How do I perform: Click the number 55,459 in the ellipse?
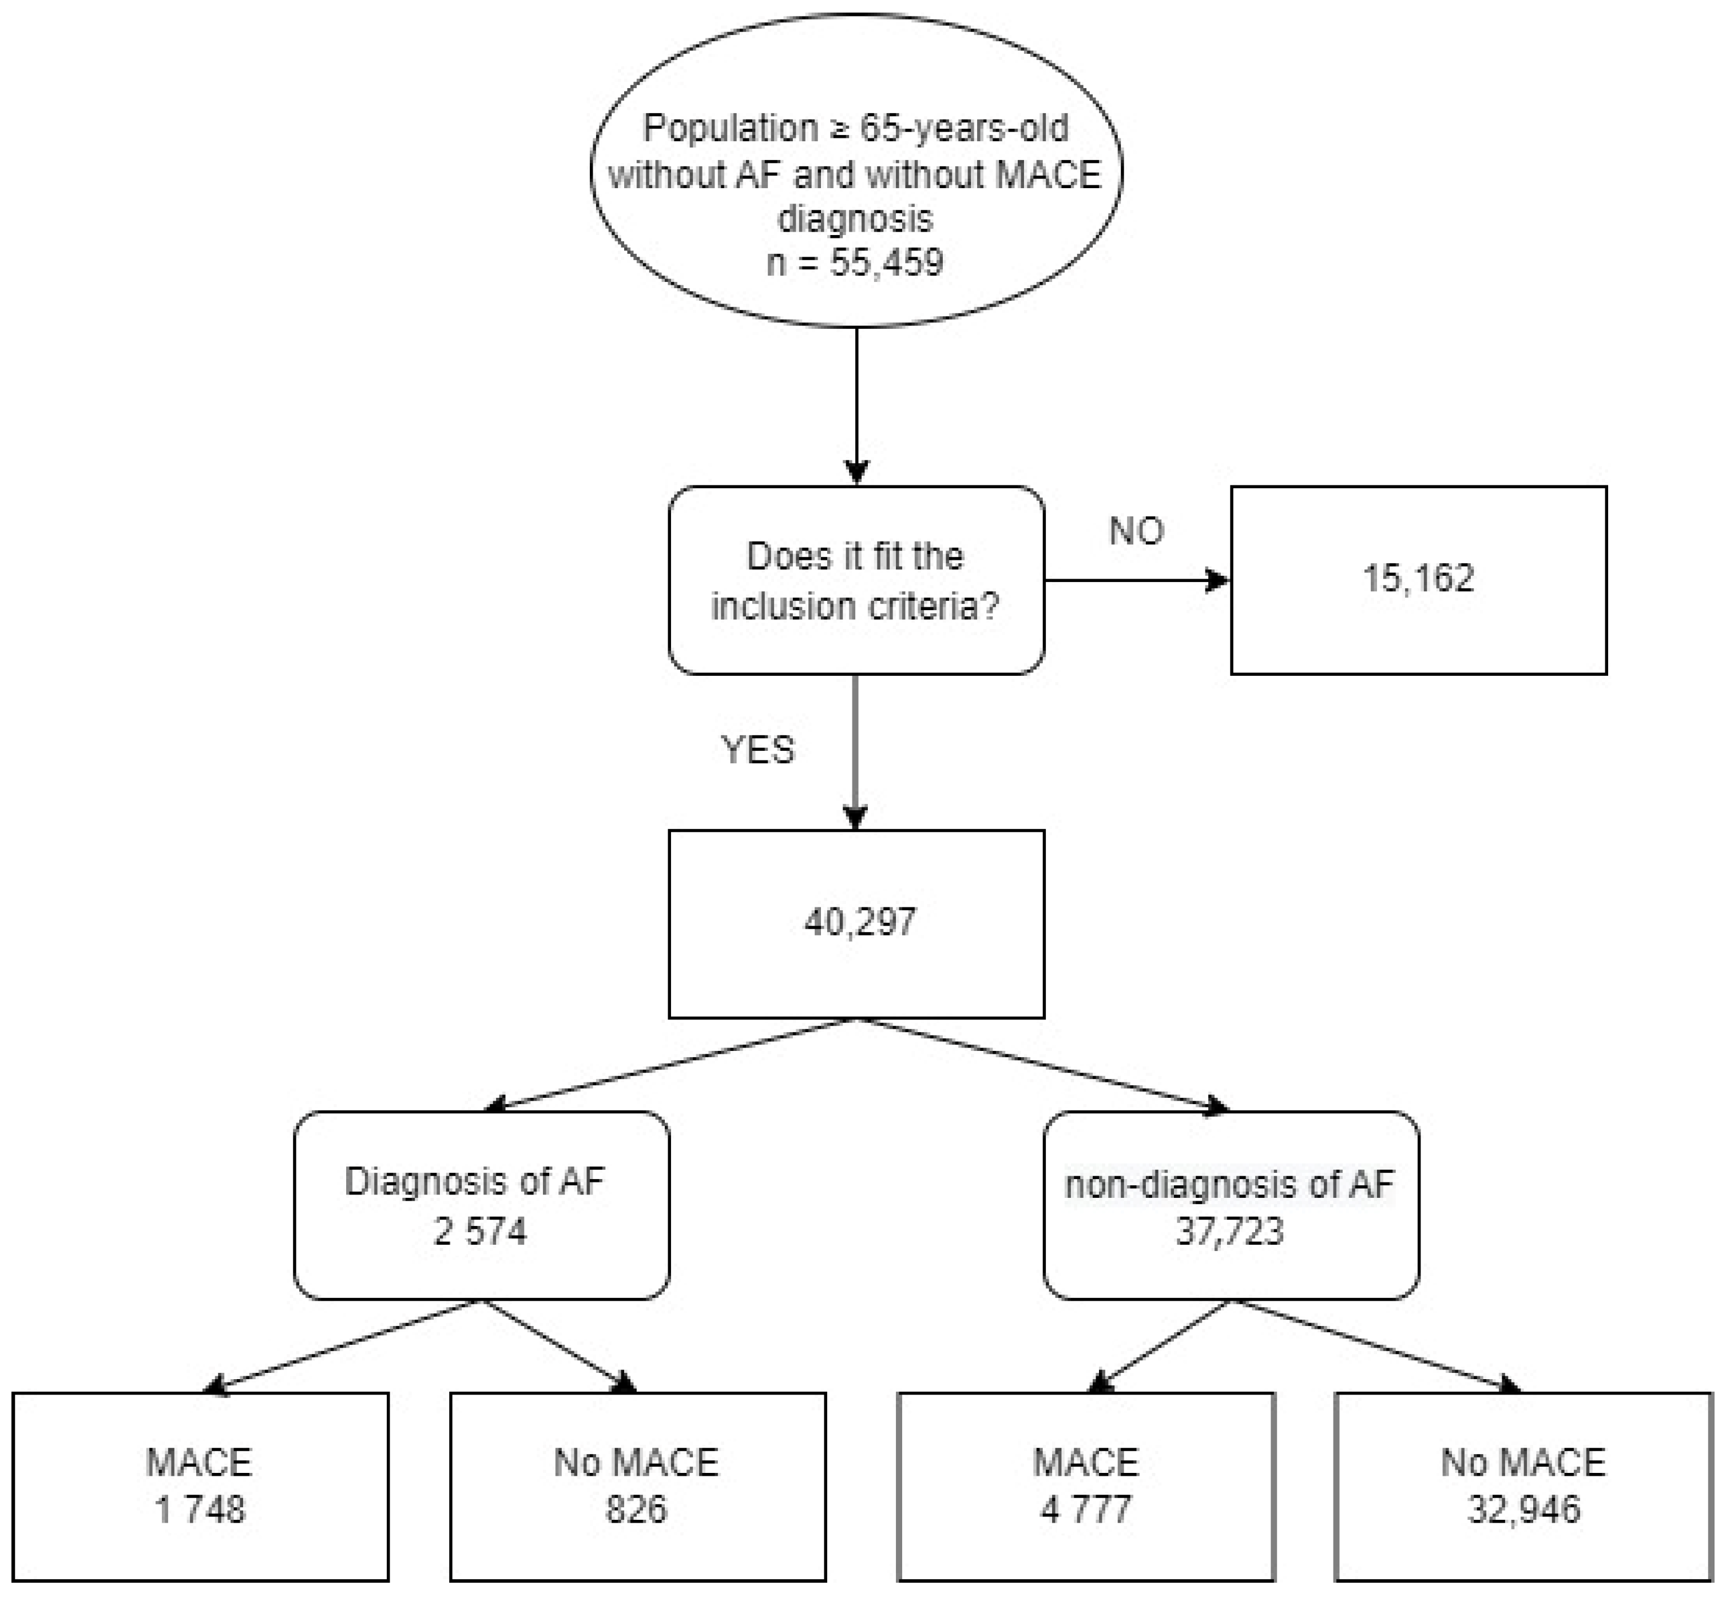tap(886, 262)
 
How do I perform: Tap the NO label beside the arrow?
tap(1136, 531)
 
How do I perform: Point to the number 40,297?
tap(859, 922)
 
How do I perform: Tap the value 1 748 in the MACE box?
tap(200, 1510)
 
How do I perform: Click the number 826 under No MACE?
tap(636, 1510)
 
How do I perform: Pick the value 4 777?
tap(1086, 1510)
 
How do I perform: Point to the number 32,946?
tap(1523, 1510)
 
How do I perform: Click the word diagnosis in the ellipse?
tap(855, 218)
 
